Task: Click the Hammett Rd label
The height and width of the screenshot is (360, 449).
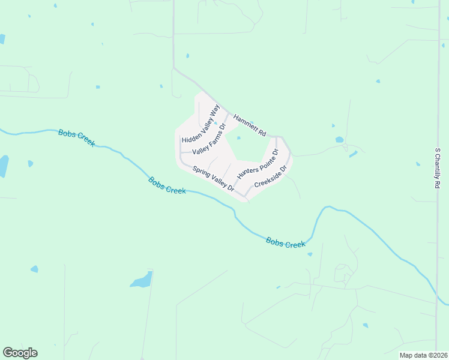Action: click(249, 125)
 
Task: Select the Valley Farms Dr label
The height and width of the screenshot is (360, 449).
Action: click(208, 139)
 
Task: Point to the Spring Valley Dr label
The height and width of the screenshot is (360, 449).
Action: click(213, 178)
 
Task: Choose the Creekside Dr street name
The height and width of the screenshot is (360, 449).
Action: click(271, 177)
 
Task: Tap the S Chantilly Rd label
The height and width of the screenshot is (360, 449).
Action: click(438, 170)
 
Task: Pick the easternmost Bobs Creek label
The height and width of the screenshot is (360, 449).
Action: click(286, 243)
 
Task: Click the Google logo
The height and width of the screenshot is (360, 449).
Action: click(20, 353)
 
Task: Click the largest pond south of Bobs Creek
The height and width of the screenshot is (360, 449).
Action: click(142, 280)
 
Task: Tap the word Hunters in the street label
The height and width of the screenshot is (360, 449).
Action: click(247, 172)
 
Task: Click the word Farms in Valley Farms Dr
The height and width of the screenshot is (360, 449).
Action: click(211, 136)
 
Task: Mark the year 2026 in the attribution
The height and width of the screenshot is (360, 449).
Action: click(440, 355)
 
